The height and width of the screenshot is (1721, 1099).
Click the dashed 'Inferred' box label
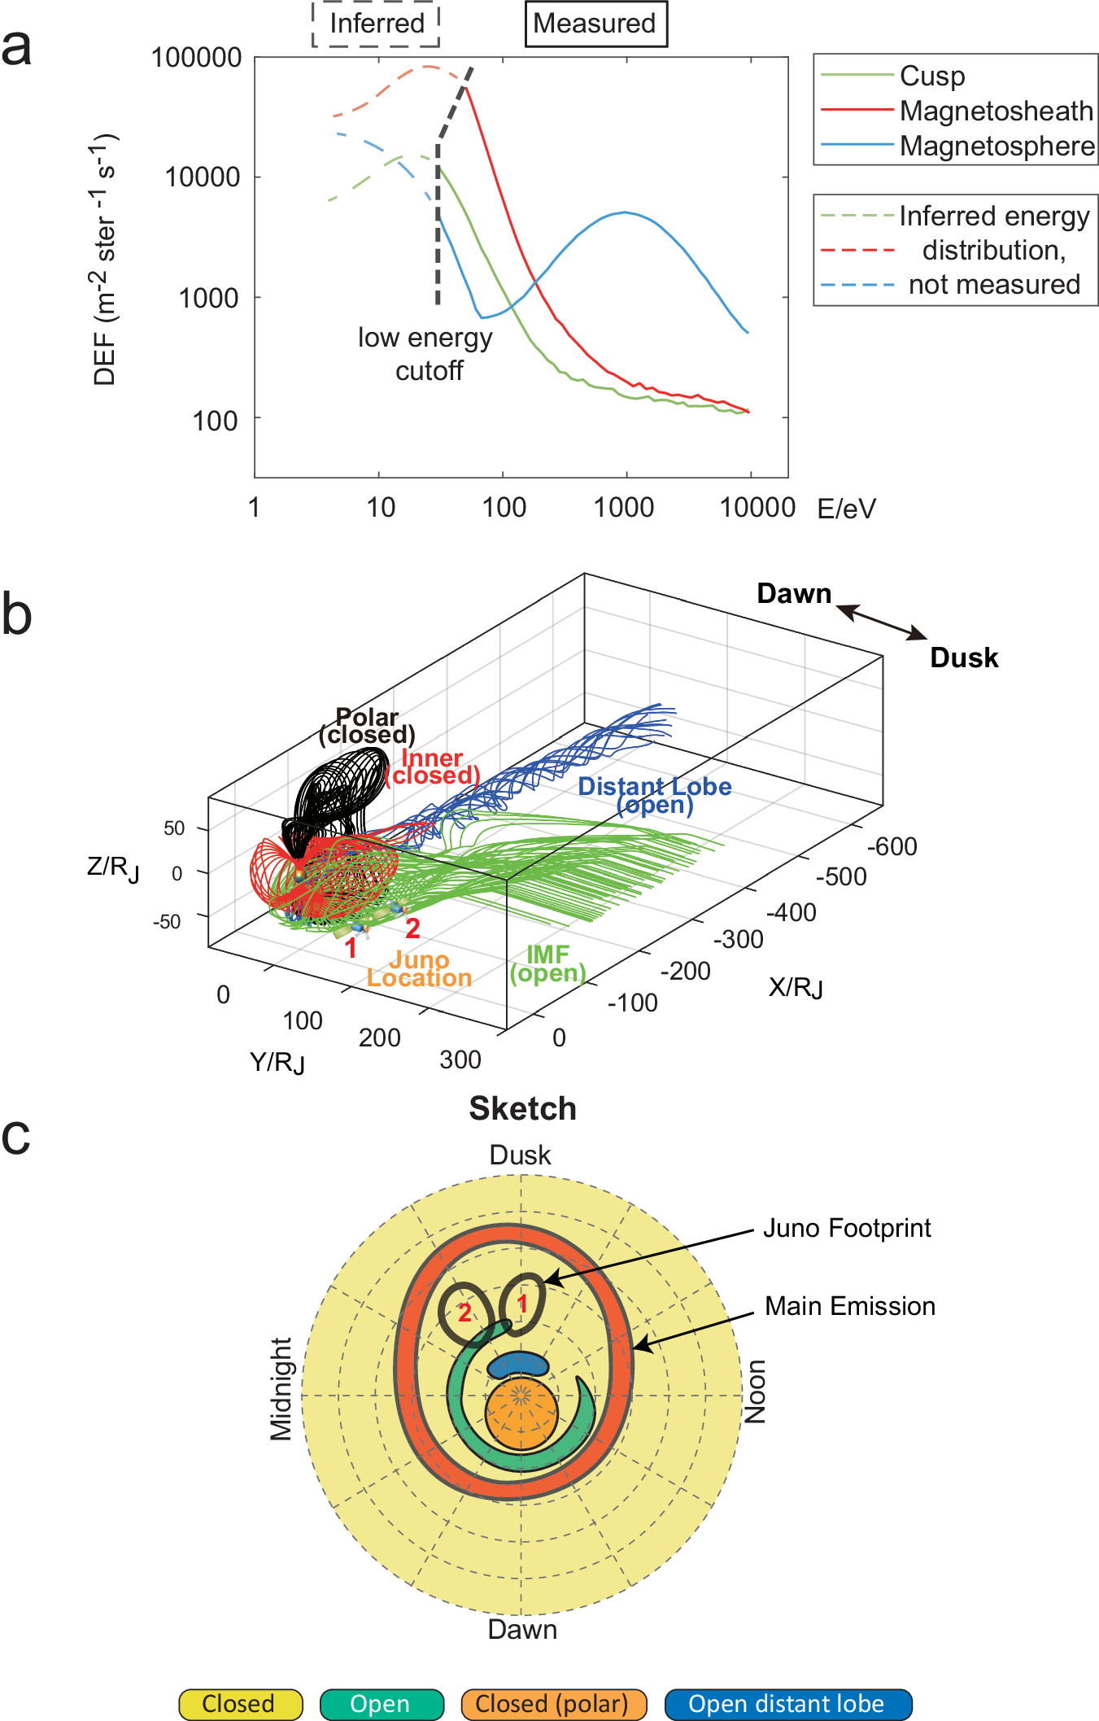(377, 24)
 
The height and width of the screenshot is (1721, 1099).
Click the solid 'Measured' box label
(595, 24)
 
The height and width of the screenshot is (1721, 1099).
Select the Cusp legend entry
(931, 76)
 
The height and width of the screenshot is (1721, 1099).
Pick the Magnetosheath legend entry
(996, 111)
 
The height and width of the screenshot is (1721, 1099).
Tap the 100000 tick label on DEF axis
(197, 58)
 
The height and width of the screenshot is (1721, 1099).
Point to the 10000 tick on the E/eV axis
(757, 507)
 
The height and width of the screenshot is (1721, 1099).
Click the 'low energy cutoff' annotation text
(426, 354)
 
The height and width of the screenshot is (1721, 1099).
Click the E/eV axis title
(846, 509)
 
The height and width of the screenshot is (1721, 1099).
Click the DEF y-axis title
(105, 260)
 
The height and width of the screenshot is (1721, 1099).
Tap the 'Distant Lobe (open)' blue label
(655, 795)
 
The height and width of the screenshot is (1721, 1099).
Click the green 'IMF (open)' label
(548, 963)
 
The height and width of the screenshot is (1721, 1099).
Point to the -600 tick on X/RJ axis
(892, 846)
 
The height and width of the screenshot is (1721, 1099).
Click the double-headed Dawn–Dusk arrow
(882, 622)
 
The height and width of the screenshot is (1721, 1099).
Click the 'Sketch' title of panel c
(522, 1108)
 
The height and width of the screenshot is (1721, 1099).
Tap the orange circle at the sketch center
(521, 1413)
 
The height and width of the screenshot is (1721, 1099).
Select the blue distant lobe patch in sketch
(518, 1365)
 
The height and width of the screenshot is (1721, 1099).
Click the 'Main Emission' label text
(849, 1306)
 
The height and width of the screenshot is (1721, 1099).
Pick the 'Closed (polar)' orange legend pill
(552, 1703)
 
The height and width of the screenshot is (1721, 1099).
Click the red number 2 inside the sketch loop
(464, 1312)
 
